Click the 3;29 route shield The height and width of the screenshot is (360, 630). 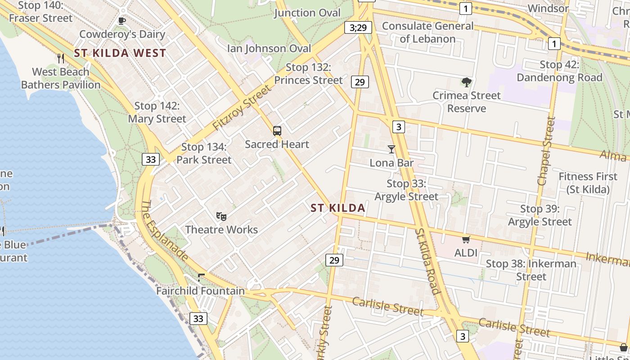tap(358, 27)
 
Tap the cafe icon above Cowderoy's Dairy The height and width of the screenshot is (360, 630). tap(121, 21)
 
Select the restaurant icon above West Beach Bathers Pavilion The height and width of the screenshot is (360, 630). tap(61, 58)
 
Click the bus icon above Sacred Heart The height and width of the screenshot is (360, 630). tap(277, 131)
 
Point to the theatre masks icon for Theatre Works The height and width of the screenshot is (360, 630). tap(221, 216)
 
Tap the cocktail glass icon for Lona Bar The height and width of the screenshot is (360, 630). tap(391, 149)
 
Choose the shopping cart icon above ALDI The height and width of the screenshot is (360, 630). tap(466, 240)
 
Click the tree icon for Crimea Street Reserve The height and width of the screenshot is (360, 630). tap(467, 82)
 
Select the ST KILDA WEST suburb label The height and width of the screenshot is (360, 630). tap(120, 53)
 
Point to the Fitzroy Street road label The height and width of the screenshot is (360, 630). tap(242, 108)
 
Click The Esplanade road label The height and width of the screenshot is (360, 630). tap(164, 230)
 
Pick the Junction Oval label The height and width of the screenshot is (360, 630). tap(307, 13)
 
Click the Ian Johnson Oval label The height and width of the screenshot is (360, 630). tap(269, 48)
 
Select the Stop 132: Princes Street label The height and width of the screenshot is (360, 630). tap(309, 74)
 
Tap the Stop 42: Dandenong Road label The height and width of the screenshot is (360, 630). tap(559, 71)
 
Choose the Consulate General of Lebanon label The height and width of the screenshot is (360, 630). tap(427, 32)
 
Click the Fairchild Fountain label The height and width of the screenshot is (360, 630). tap(200, 291)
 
